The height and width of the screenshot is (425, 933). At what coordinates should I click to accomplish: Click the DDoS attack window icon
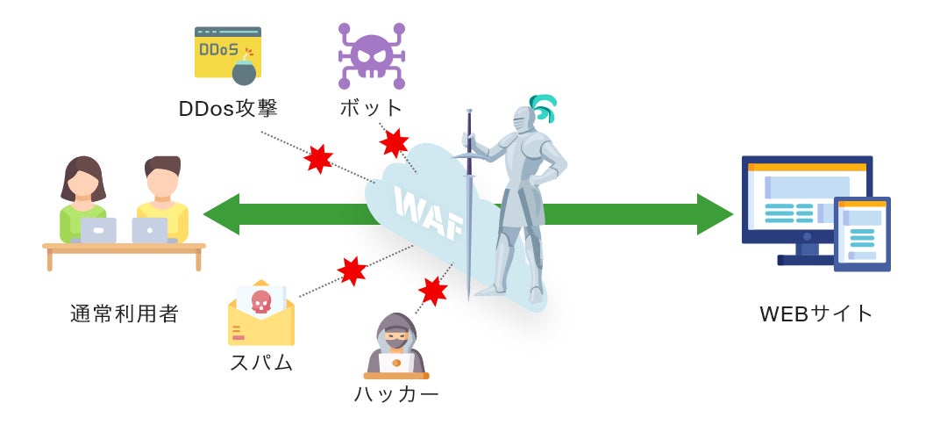[226, 54]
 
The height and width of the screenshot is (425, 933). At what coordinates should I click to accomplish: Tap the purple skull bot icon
[371, 55]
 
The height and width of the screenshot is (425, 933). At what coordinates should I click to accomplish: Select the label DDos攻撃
[228, 109]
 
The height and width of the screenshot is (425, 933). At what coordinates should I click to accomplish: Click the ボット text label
[372, 109]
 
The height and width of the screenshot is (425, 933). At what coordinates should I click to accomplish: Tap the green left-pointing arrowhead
[221, 214]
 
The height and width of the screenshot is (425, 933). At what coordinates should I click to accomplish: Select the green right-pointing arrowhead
[715, 214]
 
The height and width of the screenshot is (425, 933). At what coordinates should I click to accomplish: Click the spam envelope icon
[260, 313]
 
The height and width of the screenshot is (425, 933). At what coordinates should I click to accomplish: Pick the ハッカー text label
[396, 394]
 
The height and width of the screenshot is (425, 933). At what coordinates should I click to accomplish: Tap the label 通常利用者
[125, 313]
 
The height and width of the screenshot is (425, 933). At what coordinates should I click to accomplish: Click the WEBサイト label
[816, 313]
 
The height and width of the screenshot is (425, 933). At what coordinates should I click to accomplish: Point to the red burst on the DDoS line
[318, 159]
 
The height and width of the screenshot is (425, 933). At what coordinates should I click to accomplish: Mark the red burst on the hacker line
[432, 289]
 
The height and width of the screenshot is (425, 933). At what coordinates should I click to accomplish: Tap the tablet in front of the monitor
[862, 234]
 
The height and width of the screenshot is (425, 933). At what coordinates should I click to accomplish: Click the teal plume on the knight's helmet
[545, 108]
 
